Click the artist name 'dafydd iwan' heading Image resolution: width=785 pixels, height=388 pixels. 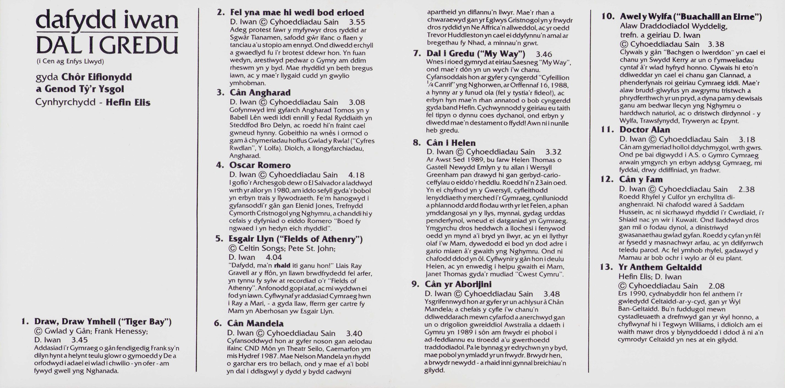click(107, 20)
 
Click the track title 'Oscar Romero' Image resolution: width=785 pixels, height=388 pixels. click(260, 165)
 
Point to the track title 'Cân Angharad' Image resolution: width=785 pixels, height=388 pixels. click(260, 93)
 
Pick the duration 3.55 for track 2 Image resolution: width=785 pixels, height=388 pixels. click(357, 22)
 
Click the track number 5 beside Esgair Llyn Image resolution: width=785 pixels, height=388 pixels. click(219, 239)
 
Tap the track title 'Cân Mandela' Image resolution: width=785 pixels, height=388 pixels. click(255, 323)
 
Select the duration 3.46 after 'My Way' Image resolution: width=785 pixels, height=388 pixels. click(544, 54)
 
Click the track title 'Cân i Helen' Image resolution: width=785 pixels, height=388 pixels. click(451, 143)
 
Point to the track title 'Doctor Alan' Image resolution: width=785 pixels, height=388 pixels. click(644, 130)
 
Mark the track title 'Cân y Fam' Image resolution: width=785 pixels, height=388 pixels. click(641, 179)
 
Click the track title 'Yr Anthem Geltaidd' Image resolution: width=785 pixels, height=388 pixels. click(660, 267)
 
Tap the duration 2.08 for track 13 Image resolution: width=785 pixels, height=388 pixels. click(717, 286)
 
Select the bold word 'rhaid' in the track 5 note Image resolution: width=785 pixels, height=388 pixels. click(282, 266)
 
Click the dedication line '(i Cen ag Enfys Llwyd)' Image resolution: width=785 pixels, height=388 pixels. click(70, 61)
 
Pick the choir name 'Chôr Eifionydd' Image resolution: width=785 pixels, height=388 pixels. click(97, 77)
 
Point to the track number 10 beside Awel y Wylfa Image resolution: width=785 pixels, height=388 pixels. click(608, 17)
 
